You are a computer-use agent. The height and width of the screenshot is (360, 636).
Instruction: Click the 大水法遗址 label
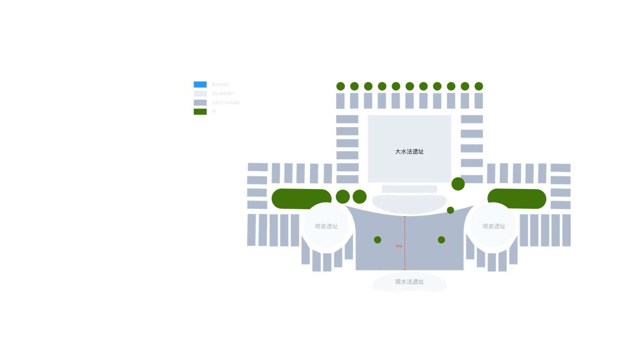pyautogui.click(x=409, y=152)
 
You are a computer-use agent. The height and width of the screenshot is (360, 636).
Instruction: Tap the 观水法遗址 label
pyautogui.click(x=409, y=282)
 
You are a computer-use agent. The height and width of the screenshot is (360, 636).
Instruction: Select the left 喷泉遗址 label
pyautogui.click(x=326, y=226)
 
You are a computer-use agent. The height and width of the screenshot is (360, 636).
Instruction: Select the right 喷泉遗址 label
pyautogui.click(x=493, y=226)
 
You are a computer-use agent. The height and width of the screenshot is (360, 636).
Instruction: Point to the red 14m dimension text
pyautogui.click(x=399, y=246)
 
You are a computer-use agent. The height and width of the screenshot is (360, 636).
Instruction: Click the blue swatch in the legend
pyautogui.click(x=200, y=84)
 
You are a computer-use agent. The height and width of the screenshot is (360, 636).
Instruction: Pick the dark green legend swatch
pyautogui.click(x=200, y=111)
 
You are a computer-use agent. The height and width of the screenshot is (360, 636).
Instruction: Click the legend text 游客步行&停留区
pyautogui.click(x=226, y=103)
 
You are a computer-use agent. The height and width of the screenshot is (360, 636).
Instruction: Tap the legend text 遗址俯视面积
pyautogui.click(x=223, y=94)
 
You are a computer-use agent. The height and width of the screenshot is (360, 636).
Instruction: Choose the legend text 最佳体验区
pyautogui.click(x=221, y=85)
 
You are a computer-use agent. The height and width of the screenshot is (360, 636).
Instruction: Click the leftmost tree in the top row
pyautogui.click(x=340, y=86)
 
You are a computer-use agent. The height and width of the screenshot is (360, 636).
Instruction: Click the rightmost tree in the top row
pyautogui.click(x=479, y=86)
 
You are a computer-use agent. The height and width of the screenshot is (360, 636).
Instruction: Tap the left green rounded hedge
pyautogui.click(x=301, y=198)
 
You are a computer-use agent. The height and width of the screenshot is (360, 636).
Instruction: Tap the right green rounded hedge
pyautogui.click(x=517, y=198)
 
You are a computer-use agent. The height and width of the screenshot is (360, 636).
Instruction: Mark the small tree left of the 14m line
pyautogui.click(x=377, y=240)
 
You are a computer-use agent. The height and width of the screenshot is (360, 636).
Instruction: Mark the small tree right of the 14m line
pyautogui.click(x=441, y=240)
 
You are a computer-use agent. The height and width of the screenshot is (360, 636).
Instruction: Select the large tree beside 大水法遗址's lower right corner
pyautogui.click(x=458, y=184)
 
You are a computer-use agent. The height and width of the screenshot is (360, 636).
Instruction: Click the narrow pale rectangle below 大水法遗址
pyautogui.click(x=409, y=189)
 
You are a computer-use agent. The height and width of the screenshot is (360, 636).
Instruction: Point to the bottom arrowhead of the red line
pyautogui.click(x=405, y=269)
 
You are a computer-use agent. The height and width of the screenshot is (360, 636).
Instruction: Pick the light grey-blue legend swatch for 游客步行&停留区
pyautogui.click(x=200, y=102)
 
